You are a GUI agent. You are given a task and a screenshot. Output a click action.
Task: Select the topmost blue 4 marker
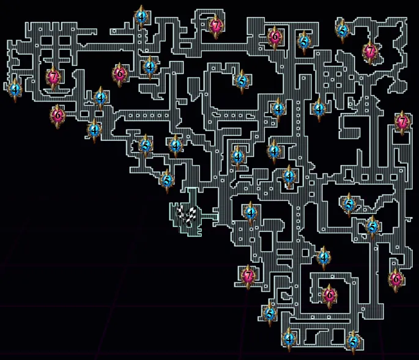click(x=142, y=17)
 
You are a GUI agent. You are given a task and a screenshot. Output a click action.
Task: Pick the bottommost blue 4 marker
click(x=289, y=337)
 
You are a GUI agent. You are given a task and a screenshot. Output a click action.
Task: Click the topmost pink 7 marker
click(x=215, y=26)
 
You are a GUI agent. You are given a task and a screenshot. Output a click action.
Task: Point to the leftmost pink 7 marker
click(x=54, y=77)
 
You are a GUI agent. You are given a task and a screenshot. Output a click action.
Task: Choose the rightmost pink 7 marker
click(x=402, y=122)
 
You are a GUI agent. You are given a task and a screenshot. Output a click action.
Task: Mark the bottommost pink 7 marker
click(x=248, y=276)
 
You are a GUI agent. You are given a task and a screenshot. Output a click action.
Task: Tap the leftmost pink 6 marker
click(x=58, y=114)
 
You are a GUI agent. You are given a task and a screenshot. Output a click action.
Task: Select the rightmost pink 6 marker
click(x=396, y=279)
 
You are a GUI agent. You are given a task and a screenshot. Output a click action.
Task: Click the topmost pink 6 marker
click(x=275, y=36)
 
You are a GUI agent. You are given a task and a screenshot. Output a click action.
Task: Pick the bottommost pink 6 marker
click(x=330, y=295)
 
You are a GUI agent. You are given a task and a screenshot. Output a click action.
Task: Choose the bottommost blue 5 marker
click(x=353, y=341)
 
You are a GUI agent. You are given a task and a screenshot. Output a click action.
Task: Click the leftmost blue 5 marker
click(x=146, y=145)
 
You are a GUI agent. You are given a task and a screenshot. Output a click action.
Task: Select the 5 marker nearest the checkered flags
click(x=166, y=180)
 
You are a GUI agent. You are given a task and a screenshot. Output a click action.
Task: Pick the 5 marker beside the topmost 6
click(x=303, y=42)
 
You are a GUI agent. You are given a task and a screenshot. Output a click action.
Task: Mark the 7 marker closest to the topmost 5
click(x=370, y=52)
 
